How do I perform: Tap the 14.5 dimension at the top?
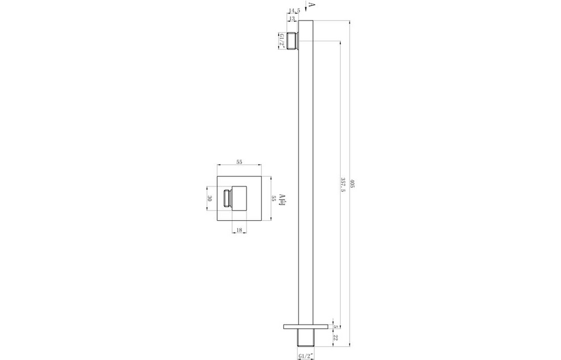coord(295,11)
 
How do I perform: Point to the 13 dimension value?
coord(292,19)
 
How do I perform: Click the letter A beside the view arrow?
coord(312,6)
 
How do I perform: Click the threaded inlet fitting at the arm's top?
coord(292,41)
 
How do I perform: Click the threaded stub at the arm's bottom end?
coord(305,338)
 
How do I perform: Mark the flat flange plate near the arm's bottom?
coord(305,326)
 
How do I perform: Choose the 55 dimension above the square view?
coord(240,161)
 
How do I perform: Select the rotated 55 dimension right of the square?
coord(273,198)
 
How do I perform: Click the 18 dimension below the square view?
coord(239,231)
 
